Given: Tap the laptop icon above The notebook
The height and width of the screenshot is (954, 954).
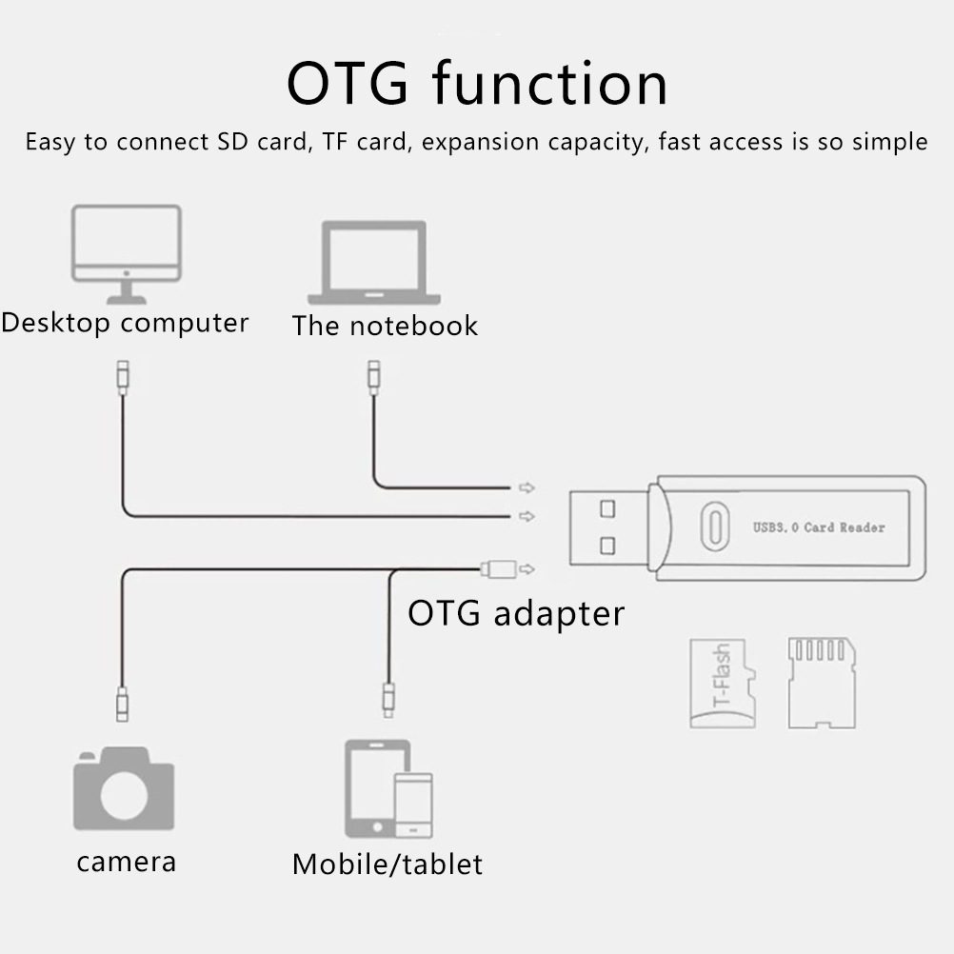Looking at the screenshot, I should (x=373, y=262).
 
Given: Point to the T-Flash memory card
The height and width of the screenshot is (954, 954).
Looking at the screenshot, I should (x=722, y=684).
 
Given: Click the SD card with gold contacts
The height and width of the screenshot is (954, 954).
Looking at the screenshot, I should (x=821, y=683).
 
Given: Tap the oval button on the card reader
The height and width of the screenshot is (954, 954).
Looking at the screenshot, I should (x=715, y=526).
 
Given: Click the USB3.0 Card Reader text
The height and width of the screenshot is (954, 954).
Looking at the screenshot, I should (x=818, y=527).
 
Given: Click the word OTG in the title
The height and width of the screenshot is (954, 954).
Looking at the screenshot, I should (x=348, y=84).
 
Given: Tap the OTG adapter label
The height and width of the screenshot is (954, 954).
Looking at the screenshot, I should (x=516, y=612).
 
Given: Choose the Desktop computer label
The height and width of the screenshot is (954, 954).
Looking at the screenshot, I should (x=125, y=323).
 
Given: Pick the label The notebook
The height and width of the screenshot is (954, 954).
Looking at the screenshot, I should (x=385, y=326).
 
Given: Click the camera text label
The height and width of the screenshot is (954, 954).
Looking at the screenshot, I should (x=126, y=863).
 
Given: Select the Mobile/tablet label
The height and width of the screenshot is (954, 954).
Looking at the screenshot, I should (x=387, y=865).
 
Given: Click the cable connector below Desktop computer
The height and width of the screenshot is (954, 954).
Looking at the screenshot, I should (x=121, y=377).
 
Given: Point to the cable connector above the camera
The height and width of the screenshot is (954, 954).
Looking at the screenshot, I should (x=121, y=704).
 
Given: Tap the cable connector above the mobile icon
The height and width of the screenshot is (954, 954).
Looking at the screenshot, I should (x=388, y=699).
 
